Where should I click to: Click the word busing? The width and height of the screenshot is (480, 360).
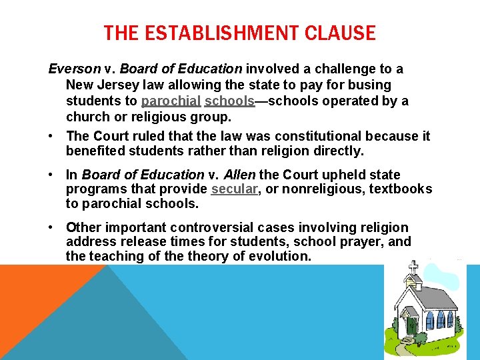[371, 85]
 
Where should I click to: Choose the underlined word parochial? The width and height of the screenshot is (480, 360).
[171, 101]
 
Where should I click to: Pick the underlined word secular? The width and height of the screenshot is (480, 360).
[234, 189]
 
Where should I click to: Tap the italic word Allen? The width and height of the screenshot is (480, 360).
[239, 175]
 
